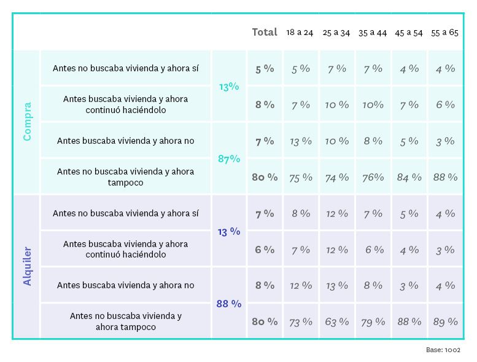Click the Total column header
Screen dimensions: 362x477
tap(265, 32)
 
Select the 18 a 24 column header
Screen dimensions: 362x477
tap(300, 33)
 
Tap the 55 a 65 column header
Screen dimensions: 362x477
tap(444, 33)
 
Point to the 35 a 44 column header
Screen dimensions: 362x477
tap(373, 33)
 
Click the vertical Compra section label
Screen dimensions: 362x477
tap(27, 122)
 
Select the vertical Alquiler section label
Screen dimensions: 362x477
tap(27, 266)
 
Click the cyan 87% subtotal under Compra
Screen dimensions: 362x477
tap(229, 159)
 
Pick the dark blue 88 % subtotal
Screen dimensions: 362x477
tap(229, 304)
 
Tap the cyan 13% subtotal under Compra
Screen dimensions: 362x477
tap(229, 87)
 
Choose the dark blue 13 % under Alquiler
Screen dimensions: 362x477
tap(229, 232)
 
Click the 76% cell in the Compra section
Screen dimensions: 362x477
tap(373, 177)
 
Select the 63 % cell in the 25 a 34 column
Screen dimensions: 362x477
tap(337, 321)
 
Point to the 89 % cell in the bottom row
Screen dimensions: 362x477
tap(445, 321)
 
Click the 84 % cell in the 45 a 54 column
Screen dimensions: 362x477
tap(409, 177)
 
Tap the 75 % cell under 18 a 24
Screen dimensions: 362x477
tap(301, 177)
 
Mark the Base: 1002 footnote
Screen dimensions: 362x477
tap(443, 350)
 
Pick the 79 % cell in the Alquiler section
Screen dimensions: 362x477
tap(373, 321)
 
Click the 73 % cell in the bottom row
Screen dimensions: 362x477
tap(301, 321)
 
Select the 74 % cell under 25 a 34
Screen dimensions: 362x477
tap(337, 177)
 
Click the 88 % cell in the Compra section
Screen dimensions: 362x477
tap(445, 177)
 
